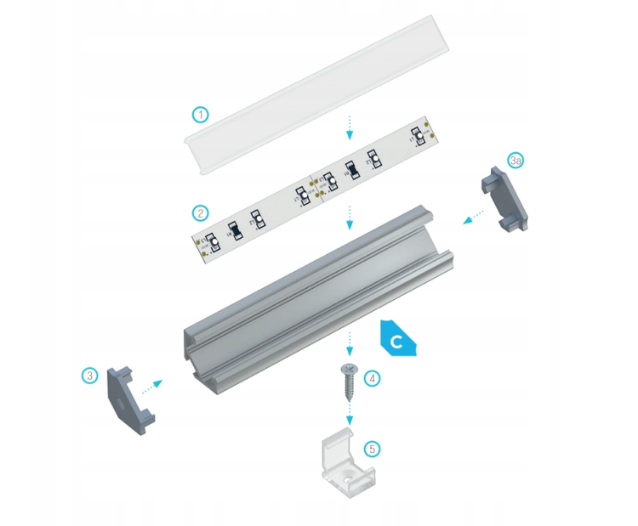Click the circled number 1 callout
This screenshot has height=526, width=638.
point(200,114)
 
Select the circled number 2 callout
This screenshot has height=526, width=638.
point(200,212)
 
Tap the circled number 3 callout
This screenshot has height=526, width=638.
point(90,375)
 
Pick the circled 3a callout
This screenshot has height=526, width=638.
point(516,161)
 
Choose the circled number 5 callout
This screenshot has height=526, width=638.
point(371,448)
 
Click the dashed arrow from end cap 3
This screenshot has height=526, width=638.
point(150,387)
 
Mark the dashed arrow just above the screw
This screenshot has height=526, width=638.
point(349,343)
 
